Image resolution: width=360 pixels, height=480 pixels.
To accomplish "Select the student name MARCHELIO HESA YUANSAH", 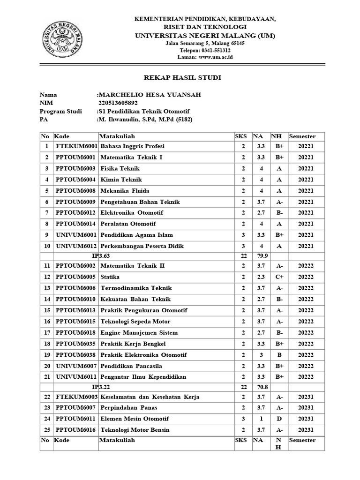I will click(150, 95).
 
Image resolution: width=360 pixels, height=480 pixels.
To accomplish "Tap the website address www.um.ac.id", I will click(216, 57).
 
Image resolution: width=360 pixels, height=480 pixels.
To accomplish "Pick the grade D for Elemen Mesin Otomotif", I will click(279, 419).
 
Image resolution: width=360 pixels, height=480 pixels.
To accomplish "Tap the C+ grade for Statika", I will click(279, 277).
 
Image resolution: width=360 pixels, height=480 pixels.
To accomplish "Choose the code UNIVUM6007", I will click(76, 366).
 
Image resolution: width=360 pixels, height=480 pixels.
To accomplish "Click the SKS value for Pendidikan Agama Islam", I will click(243, 235).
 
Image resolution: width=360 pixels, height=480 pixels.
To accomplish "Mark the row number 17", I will click(46, 333).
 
